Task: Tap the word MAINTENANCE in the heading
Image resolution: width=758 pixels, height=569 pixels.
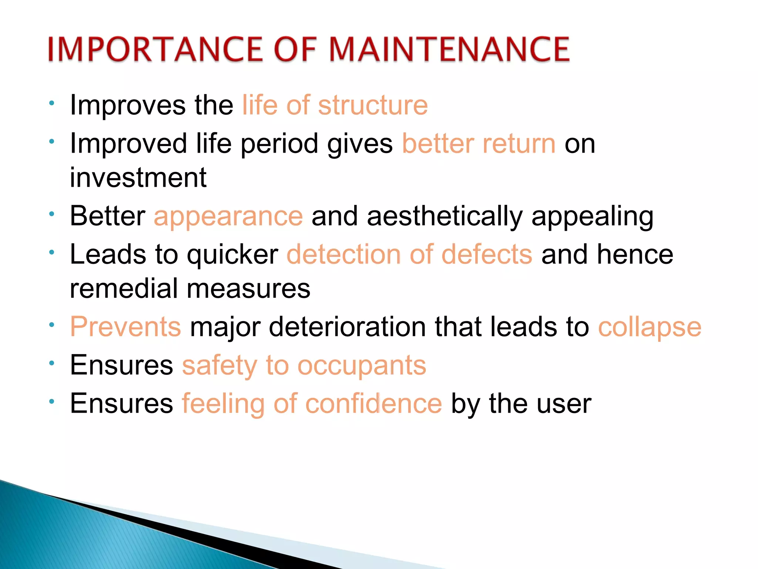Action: point(449,49)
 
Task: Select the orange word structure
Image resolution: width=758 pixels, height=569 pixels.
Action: point(373,105)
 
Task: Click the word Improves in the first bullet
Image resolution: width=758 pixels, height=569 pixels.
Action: point(128,105)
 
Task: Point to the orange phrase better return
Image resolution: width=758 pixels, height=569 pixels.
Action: point(479,144)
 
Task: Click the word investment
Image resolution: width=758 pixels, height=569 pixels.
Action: point(138,178)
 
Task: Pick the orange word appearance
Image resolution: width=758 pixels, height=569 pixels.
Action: point(228,216)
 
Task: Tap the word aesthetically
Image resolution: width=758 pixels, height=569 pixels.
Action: point(445,216)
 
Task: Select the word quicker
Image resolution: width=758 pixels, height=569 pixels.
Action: point(232,255)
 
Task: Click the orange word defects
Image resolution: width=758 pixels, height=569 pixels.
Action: point(487,255)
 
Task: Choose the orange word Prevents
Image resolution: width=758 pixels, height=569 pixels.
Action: point(125,327)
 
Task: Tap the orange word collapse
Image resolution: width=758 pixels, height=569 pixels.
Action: point(650,327)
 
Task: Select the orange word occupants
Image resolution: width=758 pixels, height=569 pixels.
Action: point(362,366)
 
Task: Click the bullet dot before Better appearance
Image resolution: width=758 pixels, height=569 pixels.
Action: point(52,214)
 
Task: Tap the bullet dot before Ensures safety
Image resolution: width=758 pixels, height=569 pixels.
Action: point(52,363)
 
